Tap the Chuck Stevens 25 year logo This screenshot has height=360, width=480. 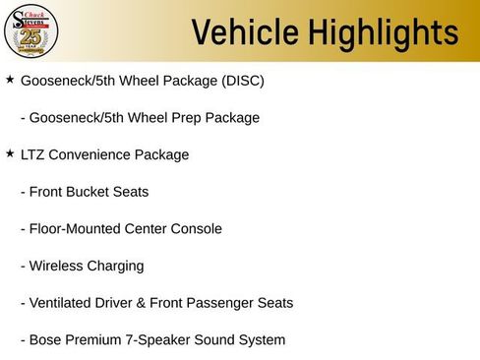(31, 31)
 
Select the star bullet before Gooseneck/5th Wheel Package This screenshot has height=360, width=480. (10, 79)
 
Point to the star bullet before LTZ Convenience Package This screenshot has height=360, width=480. (10, 153)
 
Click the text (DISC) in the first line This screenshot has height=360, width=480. (244, 80)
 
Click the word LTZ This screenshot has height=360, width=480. (34, 154)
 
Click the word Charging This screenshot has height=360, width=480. (117, 266)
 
